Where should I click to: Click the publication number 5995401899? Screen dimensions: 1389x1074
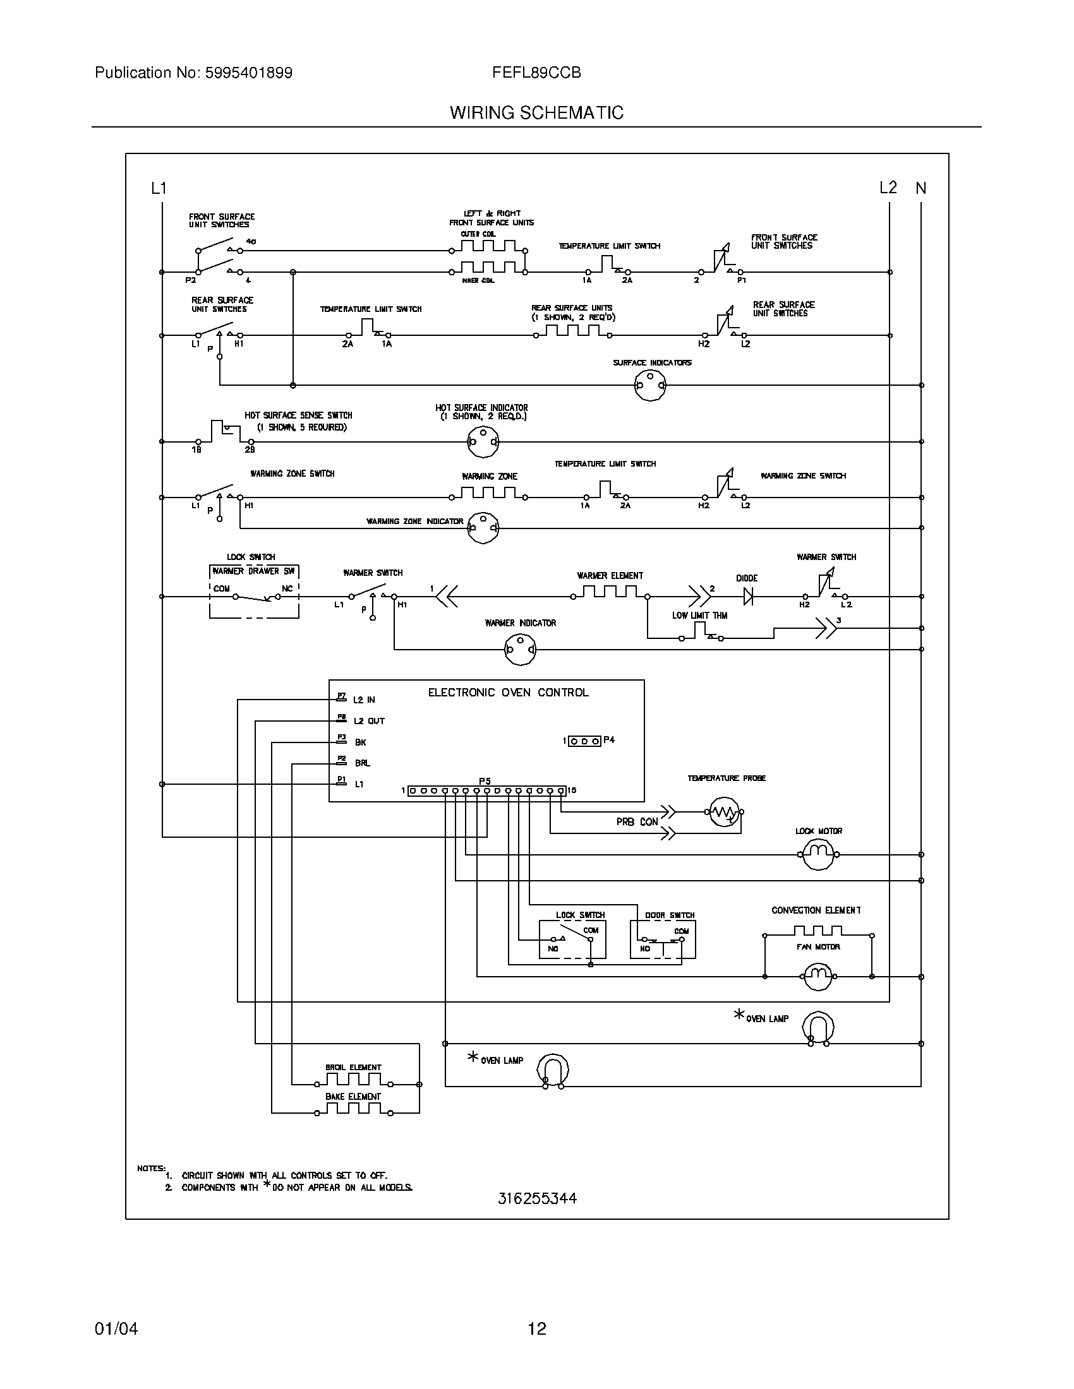point(248,73)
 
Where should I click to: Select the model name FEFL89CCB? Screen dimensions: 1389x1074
point(536,73)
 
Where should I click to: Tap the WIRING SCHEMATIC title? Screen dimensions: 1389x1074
point(536,113)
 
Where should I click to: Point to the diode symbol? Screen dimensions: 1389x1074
point(748,597)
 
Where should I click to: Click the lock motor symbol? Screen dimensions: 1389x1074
point(818,855)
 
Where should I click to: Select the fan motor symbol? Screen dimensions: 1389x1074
point(818,976)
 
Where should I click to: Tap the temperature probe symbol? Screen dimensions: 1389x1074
point(723,812)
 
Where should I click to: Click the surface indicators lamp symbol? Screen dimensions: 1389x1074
point(650,385)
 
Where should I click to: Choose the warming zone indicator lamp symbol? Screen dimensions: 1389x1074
point(483,527)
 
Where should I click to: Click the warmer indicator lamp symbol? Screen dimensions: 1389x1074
point(520,649)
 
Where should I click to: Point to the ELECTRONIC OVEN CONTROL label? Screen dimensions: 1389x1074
point(508,693)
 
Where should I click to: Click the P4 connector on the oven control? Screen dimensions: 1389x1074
point(585,741)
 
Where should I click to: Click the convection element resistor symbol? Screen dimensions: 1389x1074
point(818,933)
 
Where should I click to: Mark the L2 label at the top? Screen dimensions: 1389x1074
point(888,188)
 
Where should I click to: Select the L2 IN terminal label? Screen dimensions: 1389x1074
point(364,700)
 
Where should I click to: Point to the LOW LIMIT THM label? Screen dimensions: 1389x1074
point(699,616)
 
